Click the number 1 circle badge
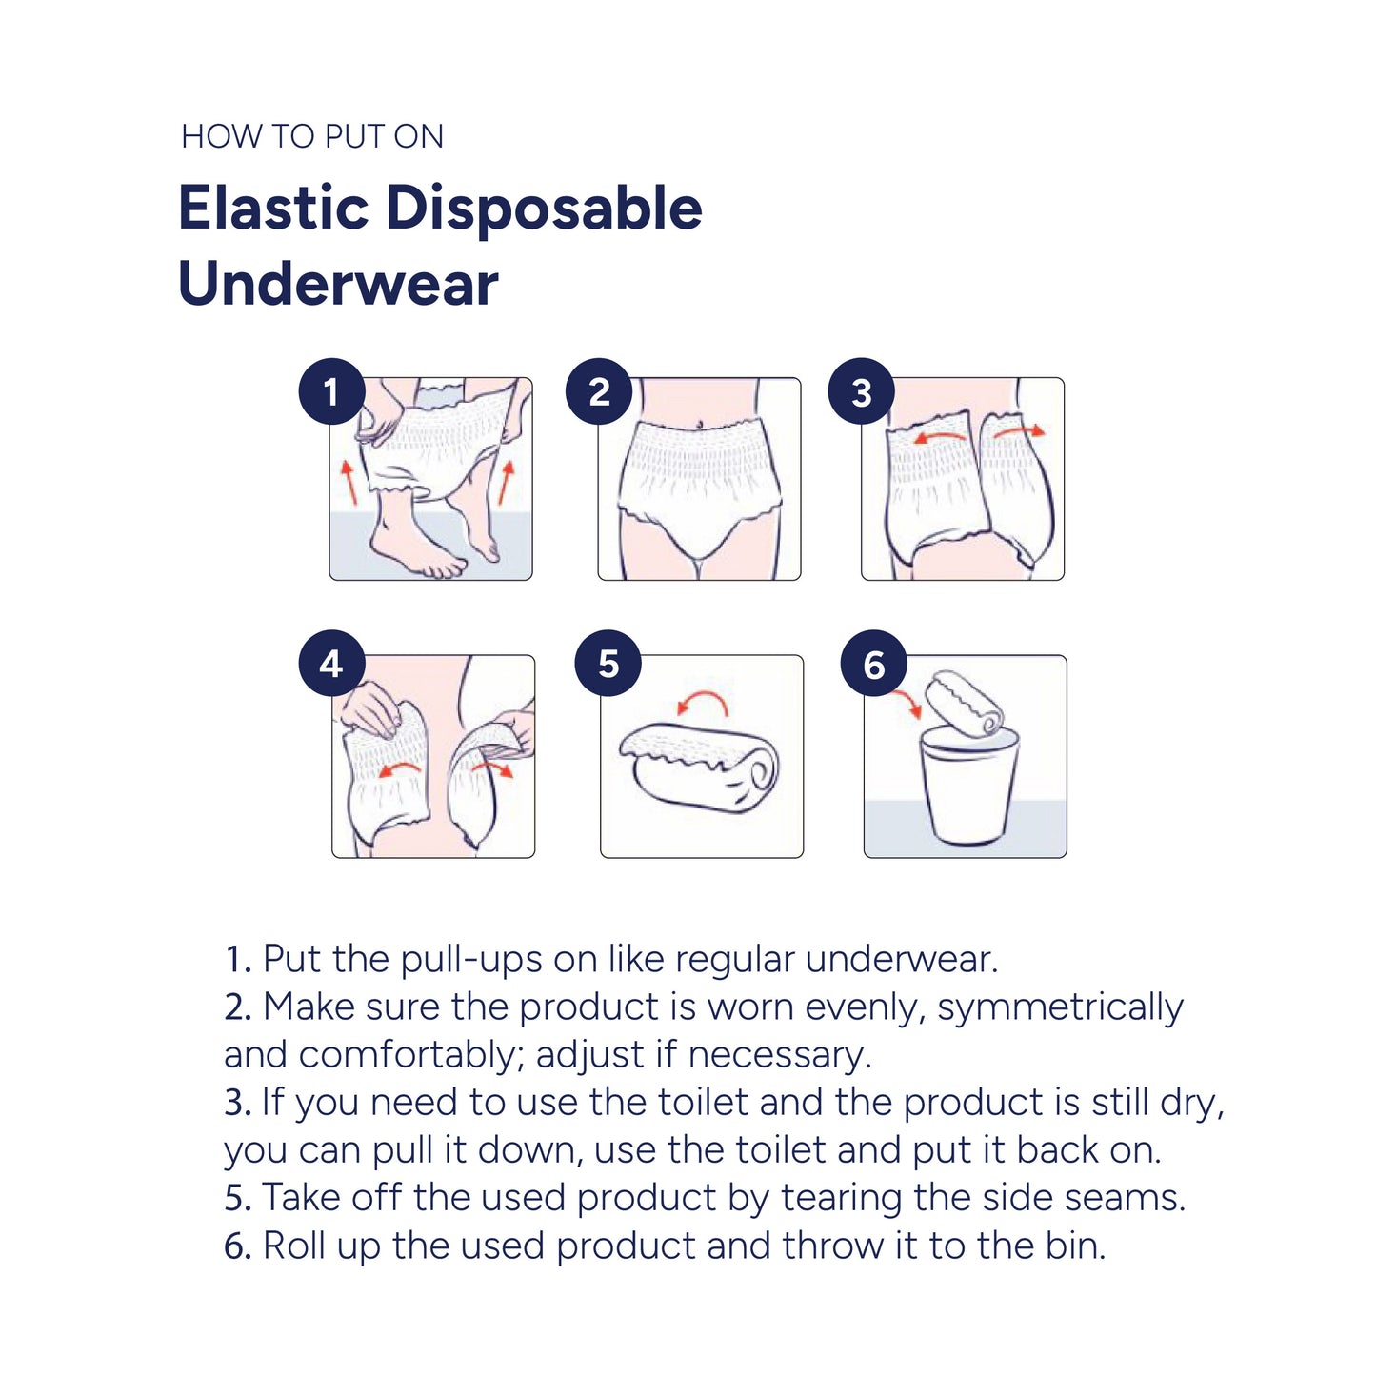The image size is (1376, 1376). [x=332, y=391]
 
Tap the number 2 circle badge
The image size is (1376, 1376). [x=599, y=391]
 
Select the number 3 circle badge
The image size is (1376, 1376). [x=862, y=391]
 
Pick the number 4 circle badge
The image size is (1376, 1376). [x=332, y=664]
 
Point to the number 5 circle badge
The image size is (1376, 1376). [x=608, y=664]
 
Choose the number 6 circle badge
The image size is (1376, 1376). [x=874, y=664]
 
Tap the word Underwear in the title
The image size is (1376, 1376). [x=338, y=284]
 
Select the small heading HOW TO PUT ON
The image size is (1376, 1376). [x=312, y=136]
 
